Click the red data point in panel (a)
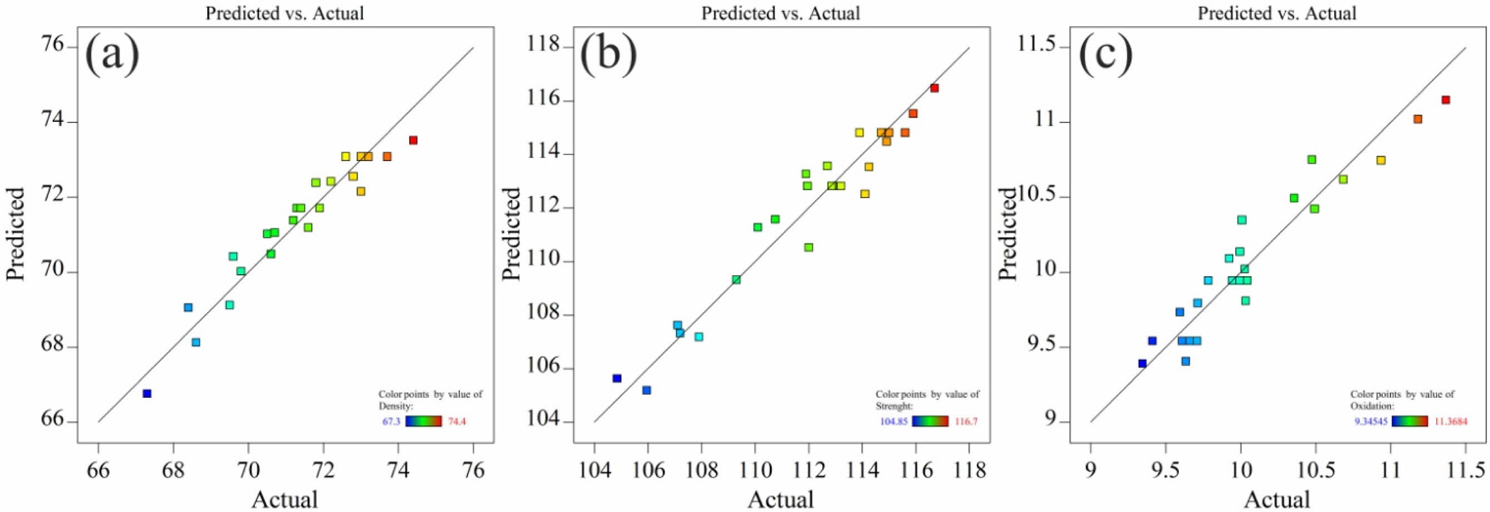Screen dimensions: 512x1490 point(413,140)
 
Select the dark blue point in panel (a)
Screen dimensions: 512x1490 point(147,393)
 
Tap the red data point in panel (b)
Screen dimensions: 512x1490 point(934,88)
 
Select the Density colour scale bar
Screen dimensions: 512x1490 point(424,421)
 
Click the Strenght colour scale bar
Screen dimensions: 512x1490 point(930,421)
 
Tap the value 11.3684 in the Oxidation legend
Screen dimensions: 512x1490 point(1450,421)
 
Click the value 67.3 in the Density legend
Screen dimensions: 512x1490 point(391,421)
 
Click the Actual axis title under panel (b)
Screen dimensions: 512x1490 point(780,499)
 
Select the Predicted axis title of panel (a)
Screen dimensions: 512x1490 point(16,234)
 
